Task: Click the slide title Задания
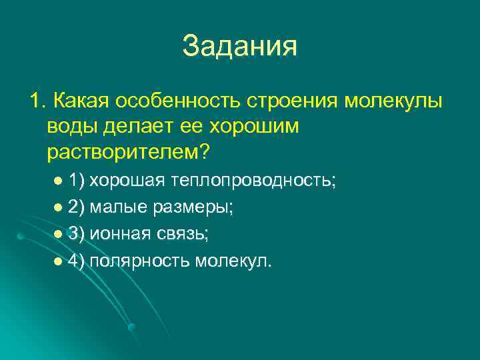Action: click(x=239, y=46)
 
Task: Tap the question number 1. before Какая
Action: click(x=37, y=101)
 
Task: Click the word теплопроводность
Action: click(x=253, y=181)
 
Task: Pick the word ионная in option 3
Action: click(x=117, y=234)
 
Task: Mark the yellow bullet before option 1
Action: click(x=58, y=181)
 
